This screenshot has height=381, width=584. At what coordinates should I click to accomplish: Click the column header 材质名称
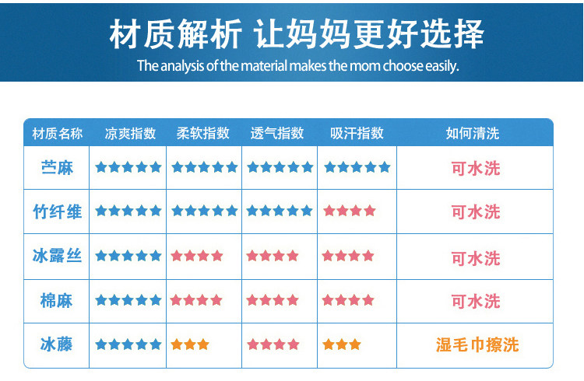[x=58, y=133]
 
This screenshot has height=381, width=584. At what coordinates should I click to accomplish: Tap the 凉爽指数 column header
[x=130, y=133]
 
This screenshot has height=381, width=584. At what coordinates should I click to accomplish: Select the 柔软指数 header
[x=203, y=133]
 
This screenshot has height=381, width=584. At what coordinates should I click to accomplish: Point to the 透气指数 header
[x=277, y=133]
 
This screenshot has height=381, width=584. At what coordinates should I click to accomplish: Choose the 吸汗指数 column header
[x=357, y=133]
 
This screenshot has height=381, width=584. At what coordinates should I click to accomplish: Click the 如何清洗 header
[x=473, y=133]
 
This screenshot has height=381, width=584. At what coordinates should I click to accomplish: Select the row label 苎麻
[x=57, y=168]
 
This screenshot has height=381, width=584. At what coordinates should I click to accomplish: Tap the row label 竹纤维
[x=57, y=211]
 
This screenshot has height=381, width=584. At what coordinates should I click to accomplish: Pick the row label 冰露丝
[x=57, y=256]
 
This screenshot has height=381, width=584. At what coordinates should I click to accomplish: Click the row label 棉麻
[x=57, y=300]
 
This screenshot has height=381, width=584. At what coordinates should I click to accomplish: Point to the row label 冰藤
[x=57, y=344]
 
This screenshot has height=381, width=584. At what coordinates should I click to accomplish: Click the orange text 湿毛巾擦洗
[x=477, y=344]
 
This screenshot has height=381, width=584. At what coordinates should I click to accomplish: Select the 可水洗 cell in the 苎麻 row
[x=476, y=169]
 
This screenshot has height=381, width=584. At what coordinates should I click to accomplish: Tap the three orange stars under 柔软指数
[x=190, y=344]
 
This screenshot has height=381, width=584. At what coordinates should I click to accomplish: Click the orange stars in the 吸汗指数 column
[x=342, y=344]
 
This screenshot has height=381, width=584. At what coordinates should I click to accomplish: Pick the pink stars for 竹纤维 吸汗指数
[x=350, y=211]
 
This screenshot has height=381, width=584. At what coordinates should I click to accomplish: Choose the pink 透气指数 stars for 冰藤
[x=273, y=344]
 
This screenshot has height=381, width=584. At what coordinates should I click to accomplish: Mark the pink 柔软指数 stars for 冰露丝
[x=197, y=256]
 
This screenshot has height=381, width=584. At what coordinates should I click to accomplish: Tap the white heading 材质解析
[x=175, y=34]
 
